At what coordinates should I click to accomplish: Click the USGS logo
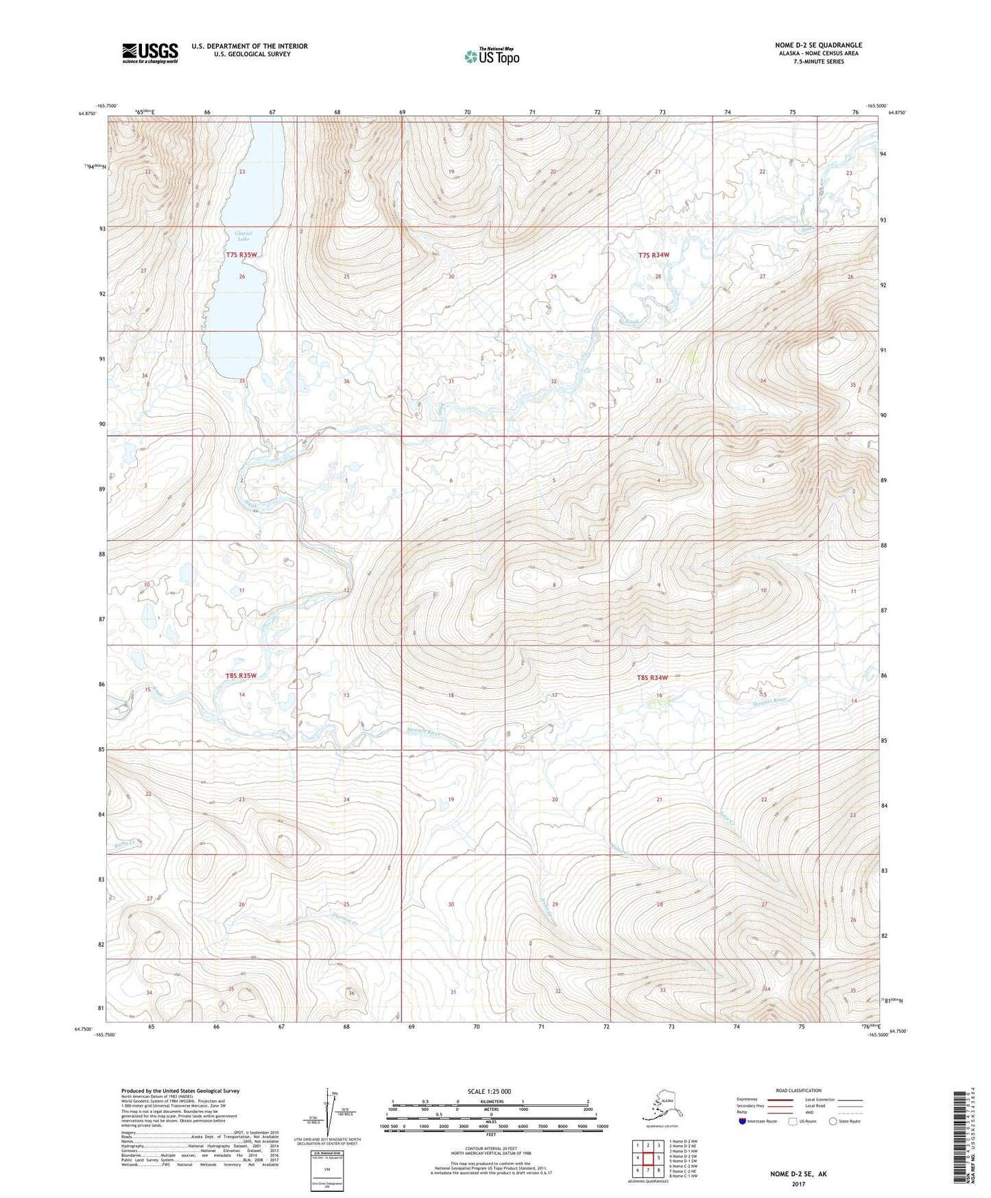[150, 53]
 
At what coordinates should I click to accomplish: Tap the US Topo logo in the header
[492, 56]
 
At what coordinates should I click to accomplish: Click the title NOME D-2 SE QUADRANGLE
[818, 45]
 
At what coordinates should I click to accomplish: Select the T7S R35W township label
[241, 255]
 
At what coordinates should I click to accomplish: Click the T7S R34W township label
[653, 255]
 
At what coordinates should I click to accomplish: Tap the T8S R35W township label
[241, 675]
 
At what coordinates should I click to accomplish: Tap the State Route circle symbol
[833, 1121]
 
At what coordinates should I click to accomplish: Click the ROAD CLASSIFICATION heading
[799, 1090]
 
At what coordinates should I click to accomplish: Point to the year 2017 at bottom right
[798, 1184]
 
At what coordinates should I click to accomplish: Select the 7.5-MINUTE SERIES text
[818, 61]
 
